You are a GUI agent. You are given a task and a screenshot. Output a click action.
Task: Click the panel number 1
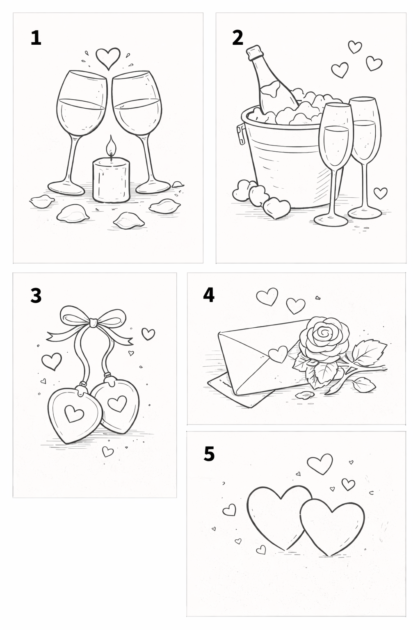(x=36, y=38)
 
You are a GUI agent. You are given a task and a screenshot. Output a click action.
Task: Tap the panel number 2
(x=238, y=38)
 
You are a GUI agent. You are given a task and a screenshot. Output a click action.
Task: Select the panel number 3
(x=36, y=295)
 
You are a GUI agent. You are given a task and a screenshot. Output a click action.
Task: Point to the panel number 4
(x=209, y=295)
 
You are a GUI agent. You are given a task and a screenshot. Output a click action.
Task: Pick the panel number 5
(x=209, y=454)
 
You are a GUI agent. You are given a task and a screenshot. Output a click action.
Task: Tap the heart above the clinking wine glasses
(x=108, y=57)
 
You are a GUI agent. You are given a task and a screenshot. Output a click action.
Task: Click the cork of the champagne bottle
(x=255, y=52)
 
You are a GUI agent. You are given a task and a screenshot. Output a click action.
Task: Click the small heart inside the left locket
(x=74, y=413)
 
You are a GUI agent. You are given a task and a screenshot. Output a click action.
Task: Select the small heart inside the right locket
(x=117, y=404)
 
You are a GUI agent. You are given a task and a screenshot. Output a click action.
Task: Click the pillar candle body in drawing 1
(x=111, y=180)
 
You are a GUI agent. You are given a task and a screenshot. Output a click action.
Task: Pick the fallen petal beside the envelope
(x=304, y=395)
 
